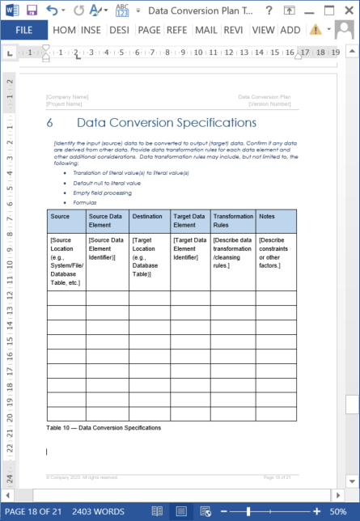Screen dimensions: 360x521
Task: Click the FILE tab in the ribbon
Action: (x=23, y=29)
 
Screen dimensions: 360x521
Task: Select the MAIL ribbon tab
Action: (x=205, y=29)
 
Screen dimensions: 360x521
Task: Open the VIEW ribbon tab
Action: (x=263, y=29)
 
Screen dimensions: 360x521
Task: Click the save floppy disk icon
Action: (x=32, y=10)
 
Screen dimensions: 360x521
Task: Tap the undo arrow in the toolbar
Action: (x=53, y=10)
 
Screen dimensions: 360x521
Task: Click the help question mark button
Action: (x=291, y=10)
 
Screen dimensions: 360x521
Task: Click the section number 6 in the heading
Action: (x=50, y=123)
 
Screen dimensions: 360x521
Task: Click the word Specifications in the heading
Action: (x=210, y=123)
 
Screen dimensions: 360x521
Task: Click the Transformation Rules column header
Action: (x=233, y=221)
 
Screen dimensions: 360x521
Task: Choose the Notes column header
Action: (x=268, y=217)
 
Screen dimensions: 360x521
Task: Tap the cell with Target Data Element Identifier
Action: (x=190, y=248)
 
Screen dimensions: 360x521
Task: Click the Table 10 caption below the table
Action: (x=104, y=427)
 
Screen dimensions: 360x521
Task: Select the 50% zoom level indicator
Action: (x=338, y=512)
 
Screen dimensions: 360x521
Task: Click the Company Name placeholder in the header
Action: (x=68, y=97)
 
